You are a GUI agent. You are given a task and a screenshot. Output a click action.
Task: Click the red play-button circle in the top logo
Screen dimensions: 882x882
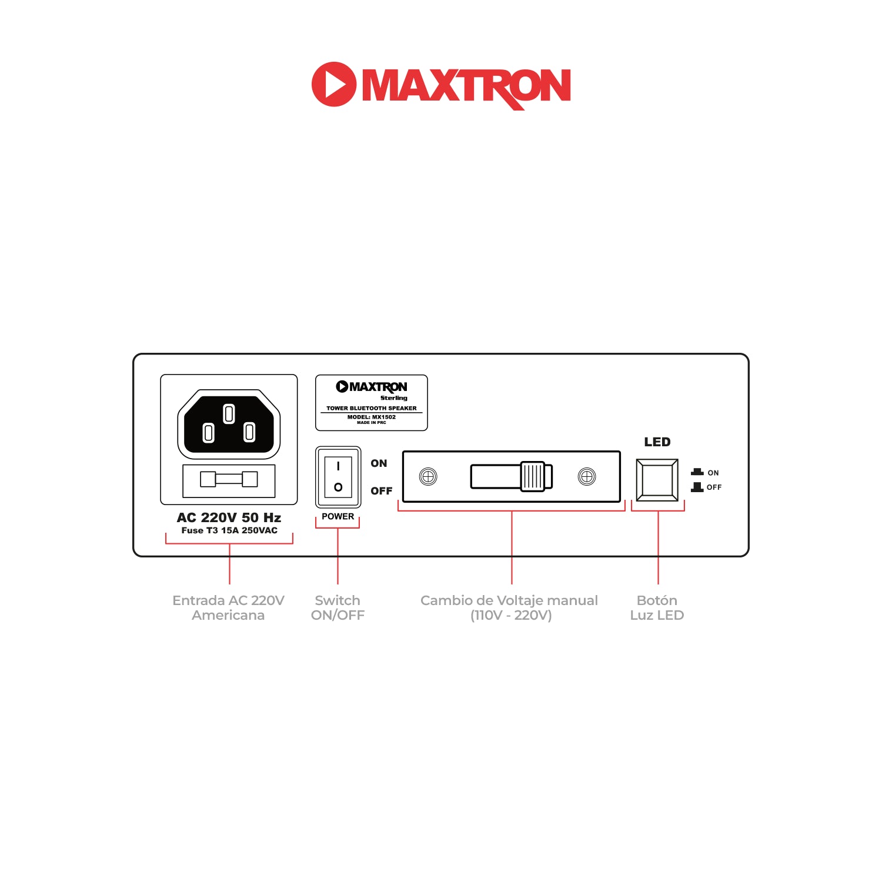(333, 84)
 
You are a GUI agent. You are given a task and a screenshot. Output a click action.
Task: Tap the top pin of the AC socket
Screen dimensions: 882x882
(229, 413)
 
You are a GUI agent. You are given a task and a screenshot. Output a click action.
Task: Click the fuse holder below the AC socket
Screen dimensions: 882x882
(229, 480)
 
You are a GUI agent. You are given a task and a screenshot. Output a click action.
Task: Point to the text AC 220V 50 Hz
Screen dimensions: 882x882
(229, 517)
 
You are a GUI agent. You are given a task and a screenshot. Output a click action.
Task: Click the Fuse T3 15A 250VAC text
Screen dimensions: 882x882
(229, 530)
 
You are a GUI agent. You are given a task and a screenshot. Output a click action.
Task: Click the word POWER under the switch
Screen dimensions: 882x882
(338, 516)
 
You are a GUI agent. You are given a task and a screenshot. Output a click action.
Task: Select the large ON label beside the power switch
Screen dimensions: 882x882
(379, 463)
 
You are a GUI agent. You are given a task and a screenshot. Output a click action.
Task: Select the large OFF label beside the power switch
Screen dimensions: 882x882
(381, 491)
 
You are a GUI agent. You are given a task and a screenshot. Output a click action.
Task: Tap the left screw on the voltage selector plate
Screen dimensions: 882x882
(428, 476)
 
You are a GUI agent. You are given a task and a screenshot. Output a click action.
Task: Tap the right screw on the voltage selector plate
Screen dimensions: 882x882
(587, 476)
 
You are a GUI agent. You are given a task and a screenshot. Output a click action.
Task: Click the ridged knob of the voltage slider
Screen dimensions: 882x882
(536, 476)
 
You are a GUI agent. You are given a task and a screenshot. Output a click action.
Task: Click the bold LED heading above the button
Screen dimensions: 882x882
(657, 442)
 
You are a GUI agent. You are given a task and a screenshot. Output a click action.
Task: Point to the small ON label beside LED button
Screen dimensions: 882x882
(713, 473)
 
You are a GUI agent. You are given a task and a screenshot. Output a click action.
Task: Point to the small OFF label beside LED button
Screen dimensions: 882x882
(714, 487)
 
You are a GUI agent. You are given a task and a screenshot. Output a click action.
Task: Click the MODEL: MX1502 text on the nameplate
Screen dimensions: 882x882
(372, 417)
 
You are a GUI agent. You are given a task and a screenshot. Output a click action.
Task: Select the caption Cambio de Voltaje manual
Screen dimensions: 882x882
(509, 600)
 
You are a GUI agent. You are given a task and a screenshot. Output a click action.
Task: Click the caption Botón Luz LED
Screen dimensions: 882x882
(657, 608)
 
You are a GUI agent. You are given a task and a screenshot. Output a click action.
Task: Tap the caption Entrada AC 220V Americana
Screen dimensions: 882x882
(228, 608)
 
